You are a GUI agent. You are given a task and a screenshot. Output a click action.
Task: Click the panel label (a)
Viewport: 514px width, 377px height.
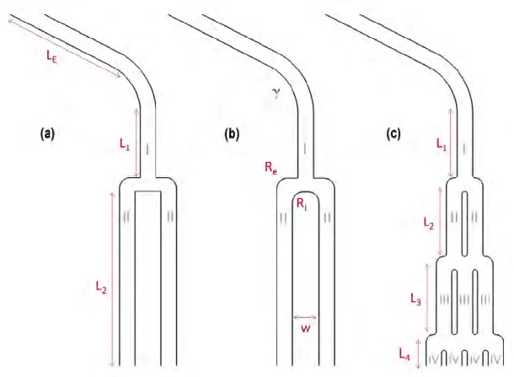(x=47, y=134)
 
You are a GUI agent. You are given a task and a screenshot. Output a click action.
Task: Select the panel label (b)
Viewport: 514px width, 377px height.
(x=232, y=134)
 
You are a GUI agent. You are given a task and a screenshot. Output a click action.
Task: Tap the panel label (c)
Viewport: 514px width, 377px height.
(x=394, y=134)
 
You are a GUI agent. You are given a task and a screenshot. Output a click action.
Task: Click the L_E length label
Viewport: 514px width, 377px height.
(x=52, y=57)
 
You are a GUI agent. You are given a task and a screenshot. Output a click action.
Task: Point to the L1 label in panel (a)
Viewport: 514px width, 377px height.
(x=125, y=144)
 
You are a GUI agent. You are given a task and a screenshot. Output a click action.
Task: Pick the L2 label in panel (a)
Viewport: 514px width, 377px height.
(x=101, y=288)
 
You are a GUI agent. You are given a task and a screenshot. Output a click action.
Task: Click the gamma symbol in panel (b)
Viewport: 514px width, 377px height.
(x=276, y=94)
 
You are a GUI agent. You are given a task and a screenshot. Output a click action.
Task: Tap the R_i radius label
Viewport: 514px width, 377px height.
(x=302, y=204)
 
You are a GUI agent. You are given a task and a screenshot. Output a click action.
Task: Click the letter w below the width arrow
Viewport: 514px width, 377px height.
(x=305, y=328)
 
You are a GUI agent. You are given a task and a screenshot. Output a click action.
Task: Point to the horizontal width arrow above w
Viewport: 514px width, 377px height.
(x=305, y=317)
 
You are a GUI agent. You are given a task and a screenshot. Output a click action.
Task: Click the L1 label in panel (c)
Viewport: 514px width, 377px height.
(x=442, y=144)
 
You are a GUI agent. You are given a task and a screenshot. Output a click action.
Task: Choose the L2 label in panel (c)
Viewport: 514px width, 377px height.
(x=429, y=224)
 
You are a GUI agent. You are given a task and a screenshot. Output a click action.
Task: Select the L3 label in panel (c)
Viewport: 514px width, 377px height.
(x=415, y=299)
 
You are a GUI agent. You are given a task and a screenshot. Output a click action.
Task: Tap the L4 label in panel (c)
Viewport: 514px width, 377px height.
(x=404, y=354)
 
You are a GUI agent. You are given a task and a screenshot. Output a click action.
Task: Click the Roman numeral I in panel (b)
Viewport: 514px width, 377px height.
(x=305, y=148)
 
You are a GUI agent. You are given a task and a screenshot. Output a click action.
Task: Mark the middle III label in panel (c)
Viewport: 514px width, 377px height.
(x=464, y=299)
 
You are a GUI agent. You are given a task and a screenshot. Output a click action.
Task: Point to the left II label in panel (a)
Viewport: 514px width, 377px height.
(x=126, y=217)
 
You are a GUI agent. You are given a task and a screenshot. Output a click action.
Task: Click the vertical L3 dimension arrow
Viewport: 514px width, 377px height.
(x=427, y=298)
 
